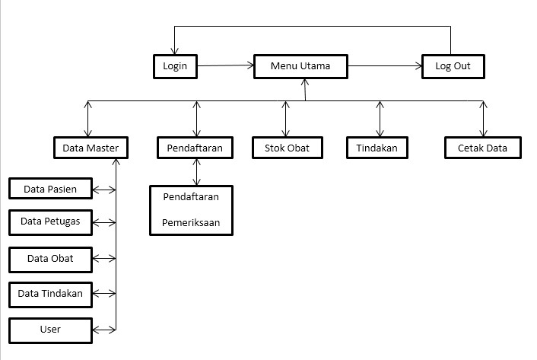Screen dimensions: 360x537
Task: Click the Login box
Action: coord(175,66)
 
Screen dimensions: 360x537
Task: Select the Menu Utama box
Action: coord(300,66)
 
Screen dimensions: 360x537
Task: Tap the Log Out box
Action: coord(453,66)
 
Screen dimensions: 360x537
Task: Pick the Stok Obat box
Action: coord(287,148)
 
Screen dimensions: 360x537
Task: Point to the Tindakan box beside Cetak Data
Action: coord(377,148)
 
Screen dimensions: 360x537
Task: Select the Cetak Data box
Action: coord(483,148)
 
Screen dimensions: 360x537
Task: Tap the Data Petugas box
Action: coord(50,222)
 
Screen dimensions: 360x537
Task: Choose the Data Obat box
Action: coord(50,259)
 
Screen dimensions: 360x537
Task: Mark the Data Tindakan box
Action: coord(50,293)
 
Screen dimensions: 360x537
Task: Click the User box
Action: coord(50,330)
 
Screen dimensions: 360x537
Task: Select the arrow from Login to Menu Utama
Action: coord(225,67)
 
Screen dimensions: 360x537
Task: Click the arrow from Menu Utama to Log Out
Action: coord(386,67)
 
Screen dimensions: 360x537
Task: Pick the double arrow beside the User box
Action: coord(104,330)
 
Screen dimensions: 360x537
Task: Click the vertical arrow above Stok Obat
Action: coord(287,118)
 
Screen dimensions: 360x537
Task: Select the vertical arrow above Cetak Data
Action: coord(481,118)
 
